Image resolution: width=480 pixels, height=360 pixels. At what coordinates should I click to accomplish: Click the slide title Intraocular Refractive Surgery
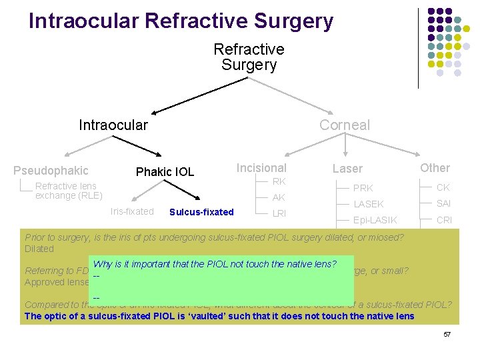tap(181, 21)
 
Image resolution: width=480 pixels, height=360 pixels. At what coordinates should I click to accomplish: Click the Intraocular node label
tap(113, 125)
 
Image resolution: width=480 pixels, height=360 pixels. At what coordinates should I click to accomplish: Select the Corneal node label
tap(344, 125)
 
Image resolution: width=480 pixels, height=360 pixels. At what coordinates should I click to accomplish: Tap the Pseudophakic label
tap(51, 171)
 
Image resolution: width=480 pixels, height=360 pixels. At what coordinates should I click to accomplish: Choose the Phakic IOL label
tap(165, 172)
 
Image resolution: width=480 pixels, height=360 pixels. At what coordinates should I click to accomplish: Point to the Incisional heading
tap(261, 168)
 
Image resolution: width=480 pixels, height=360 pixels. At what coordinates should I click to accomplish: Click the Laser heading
tap(347, 169)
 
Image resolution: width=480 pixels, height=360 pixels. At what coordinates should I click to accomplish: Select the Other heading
tap(435, 168)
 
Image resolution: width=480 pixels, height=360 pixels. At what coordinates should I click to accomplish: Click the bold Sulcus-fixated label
tap(202, 212)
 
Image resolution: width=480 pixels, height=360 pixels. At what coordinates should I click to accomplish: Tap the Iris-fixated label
tap(132, 211)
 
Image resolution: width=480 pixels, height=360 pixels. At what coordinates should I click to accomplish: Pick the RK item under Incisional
tap(279, 181)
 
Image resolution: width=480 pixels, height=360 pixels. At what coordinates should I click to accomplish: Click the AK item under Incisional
tap(279, 197)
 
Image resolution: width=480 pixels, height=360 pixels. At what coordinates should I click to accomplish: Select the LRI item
tap(280, 213)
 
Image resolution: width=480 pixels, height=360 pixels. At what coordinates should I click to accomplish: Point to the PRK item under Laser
tap(363, 188)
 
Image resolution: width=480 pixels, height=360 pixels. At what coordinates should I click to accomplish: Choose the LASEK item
tap(369, 204)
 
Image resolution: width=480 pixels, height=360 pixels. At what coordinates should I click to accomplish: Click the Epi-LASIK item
tap(375, 220)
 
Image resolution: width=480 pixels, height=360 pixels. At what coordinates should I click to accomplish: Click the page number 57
tap(447, 333)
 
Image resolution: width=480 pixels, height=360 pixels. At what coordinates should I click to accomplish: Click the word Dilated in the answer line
tap(39, 249)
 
